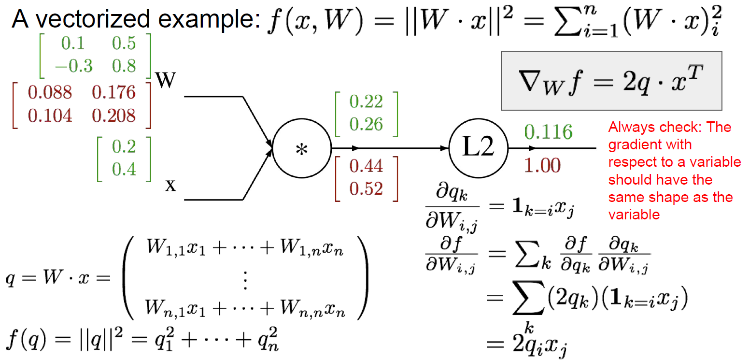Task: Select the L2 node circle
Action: pyautogui.click(x=479, y=148)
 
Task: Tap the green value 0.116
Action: pyautogui.click(x=548, y=132)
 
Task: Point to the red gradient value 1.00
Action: pyautogui.click(x=542, y=166)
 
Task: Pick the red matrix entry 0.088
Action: pyautogui.click(x=50, y=92)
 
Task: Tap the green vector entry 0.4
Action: pyautogui.click(x=124, y=169)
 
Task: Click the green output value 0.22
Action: pyautogui.click(x=366, y=101)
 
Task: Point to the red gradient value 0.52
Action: pyautogui.click(x=366, y=188)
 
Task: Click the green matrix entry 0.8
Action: pyautogui.click(x=124, y=66)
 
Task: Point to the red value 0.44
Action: pyautogui.click(x=366, y=166)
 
